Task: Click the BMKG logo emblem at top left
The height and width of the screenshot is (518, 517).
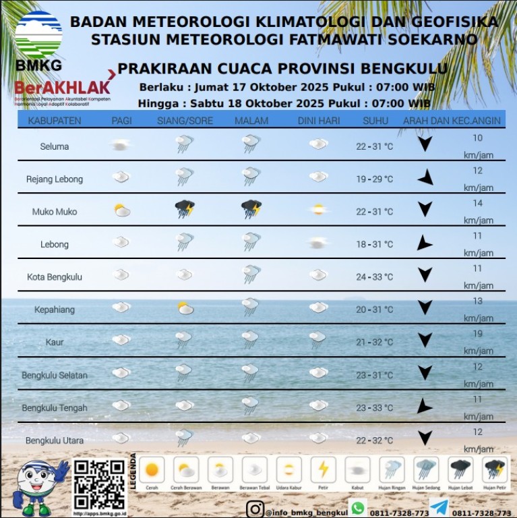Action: coord(38,34)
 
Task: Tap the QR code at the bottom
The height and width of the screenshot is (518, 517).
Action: coord(99,484)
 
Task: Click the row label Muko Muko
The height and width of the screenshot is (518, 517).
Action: coord(55,212)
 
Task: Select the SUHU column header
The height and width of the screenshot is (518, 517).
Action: coord(375,121)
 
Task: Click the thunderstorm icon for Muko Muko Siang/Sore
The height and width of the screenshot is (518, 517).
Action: coord(184,209)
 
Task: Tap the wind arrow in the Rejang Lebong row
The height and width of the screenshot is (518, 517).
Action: coord(425,179)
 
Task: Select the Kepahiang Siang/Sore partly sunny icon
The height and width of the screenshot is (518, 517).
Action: coord(185,308)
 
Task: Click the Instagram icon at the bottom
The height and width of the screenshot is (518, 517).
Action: coord(255,509)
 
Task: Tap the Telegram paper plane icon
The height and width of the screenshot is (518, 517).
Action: coord(439,509)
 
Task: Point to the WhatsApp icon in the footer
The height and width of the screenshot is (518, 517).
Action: coord(358,509)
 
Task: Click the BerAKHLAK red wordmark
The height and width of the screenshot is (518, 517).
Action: coord(62,87)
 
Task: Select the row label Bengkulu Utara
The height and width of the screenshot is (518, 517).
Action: coord(55,440)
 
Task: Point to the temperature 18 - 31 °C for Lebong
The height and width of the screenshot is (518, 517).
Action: coord(374,244)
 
